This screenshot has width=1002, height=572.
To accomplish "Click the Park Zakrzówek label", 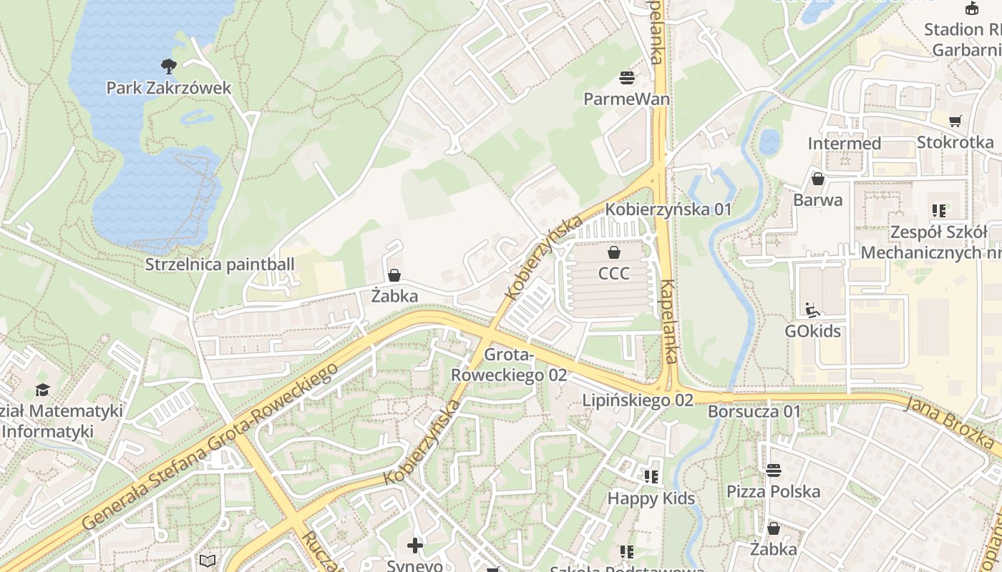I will (169, 88).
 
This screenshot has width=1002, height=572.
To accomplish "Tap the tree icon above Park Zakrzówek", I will (169, 66).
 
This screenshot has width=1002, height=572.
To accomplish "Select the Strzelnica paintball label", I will (220, 265).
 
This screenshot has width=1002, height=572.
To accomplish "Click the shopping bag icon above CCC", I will (613, 252).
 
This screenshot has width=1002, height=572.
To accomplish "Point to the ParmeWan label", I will (627, 99).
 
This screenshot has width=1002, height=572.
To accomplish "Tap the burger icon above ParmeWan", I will (627, 77).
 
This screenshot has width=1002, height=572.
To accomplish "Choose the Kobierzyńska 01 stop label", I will (668, 209).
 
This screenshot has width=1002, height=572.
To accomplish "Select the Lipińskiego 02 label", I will (638, 400).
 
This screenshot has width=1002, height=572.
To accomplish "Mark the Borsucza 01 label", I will (754, 412).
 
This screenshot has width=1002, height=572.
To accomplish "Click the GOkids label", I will (812, 332).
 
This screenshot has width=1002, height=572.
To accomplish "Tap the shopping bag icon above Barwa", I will (817, 179).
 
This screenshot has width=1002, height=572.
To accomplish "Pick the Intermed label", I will (845, 144).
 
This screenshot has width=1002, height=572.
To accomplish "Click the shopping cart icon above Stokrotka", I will (955, 121).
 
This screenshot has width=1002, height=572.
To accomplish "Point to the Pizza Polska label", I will (774, 492).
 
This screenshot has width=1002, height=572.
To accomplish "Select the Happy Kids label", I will (651, 498).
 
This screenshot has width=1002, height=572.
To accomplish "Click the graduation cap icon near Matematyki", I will (43, 390).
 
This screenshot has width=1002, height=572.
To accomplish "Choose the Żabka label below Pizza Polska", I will (774, 549).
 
